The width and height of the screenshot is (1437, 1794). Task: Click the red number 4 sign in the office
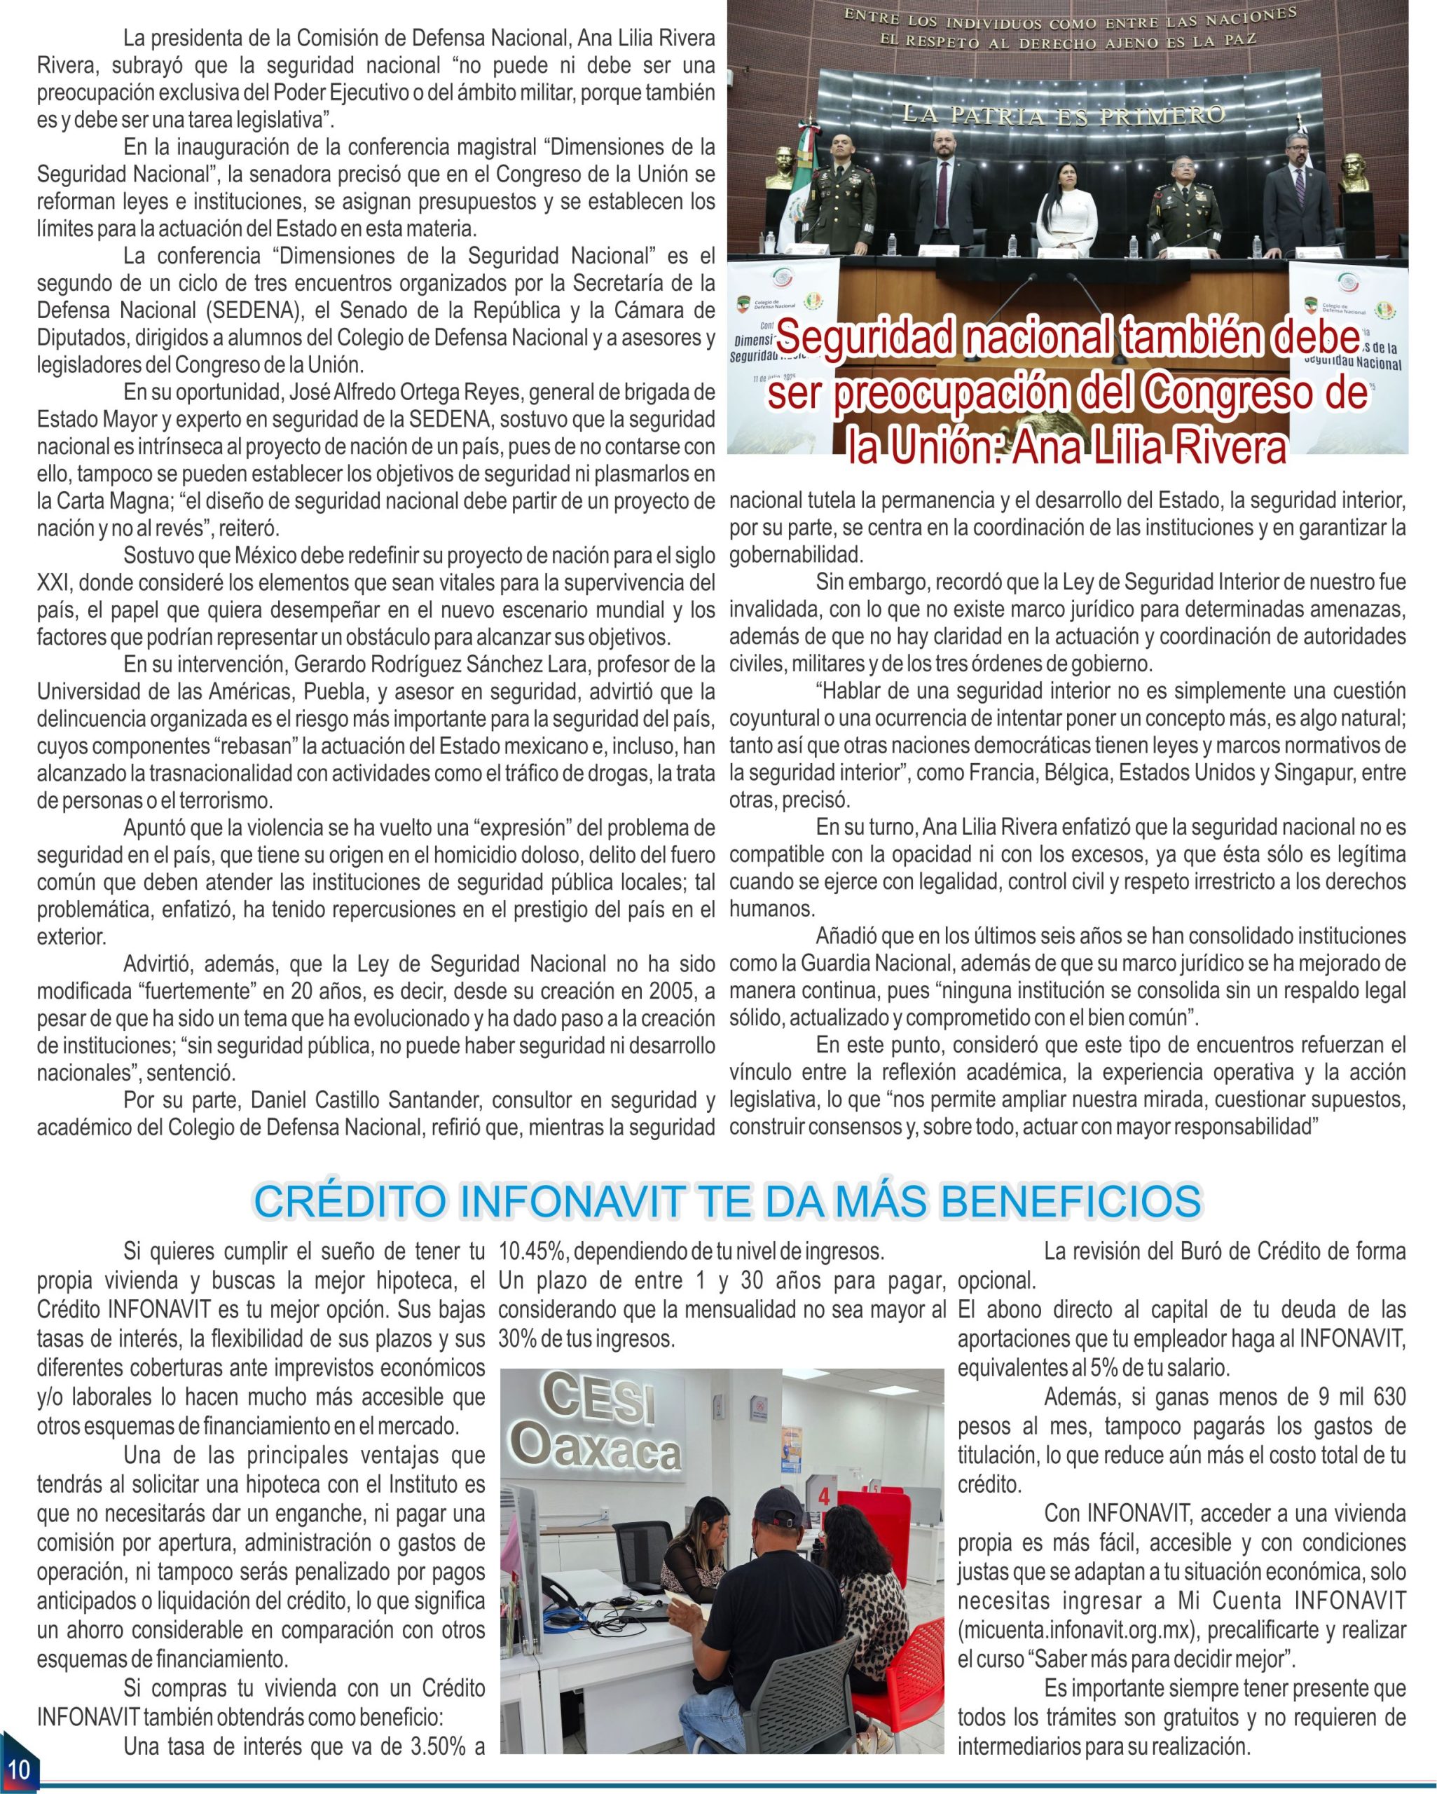824,1495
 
